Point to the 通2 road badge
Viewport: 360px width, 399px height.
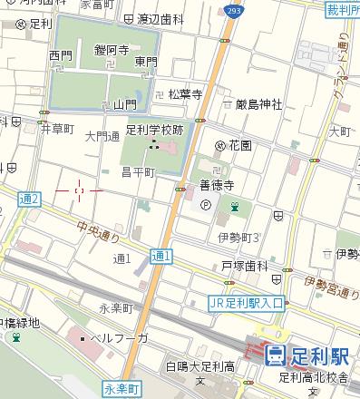pos(29,199)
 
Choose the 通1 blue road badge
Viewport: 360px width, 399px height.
pos(161,257)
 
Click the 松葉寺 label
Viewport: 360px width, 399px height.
pos(184,93)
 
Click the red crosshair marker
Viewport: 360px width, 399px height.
pos(80,190)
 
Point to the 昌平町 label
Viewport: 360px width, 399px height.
pos(140,170)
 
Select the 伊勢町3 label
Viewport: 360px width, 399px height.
pos(238,237)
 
